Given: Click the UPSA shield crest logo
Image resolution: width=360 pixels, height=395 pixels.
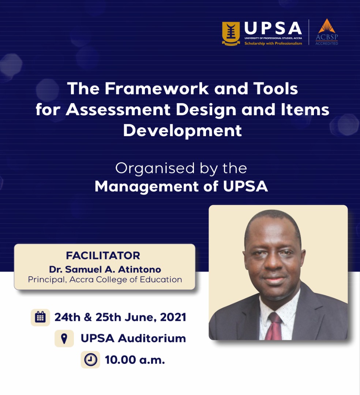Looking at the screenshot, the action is pyautogui.click(x=231, y=34).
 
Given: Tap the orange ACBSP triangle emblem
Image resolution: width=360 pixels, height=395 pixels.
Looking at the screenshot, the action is pyautogui.click(x=326, y=26).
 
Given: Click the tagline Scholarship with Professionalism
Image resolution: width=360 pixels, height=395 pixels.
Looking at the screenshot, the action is pyautogui.click(x=273, y=43).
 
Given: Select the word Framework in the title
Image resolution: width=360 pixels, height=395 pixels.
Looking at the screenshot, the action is pyautogui.click(x=157, y=89).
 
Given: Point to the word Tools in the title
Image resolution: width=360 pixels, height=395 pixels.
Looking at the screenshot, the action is pyautogui.click(x=275, y=89).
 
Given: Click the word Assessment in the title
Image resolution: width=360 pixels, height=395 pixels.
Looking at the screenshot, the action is pyautogui.click(x=118, y=110).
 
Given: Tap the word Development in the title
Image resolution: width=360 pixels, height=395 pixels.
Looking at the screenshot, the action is pyautogui.click(x=183, y=131).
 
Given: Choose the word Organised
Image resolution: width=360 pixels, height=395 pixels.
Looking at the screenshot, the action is pyautogui.click(x=155, y=169).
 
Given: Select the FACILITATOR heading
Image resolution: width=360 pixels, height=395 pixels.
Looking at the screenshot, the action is pyautogui.click(x=103, y=255).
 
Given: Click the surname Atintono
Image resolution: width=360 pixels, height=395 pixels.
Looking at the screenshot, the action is pyautogui.click(x=139, y=269).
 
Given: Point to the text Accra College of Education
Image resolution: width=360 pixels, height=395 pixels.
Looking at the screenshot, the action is pyautogui.click(x=126, y=280).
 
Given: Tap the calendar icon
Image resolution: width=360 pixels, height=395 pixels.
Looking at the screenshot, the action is pyautogui.click(x=40, y=317).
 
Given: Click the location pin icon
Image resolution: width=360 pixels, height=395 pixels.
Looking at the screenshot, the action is pyautogui.click(x=64, y=338).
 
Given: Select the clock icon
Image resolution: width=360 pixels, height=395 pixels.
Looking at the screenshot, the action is pyautogui.click(x=90, y=360).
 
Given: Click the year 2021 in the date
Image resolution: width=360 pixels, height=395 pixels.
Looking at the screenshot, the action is pyautogui.click(x=173, y=317).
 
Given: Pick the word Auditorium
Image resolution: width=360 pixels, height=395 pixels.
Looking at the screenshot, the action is pyautogui.click(x=152, y=338).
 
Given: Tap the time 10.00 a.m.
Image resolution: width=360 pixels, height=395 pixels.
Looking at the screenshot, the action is pyautogui.click(x=135, y=360).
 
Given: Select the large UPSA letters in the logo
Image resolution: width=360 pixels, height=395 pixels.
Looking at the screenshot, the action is pyautogui.click(x=273, y=28).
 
